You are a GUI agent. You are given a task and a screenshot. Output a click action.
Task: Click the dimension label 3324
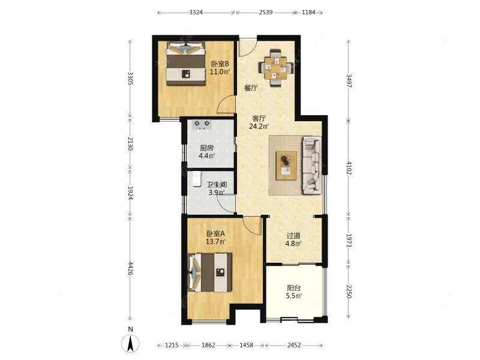(x=196, y=13)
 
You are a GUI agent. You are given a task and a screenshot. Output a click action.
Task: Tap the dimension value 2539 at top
(x=266, y=13)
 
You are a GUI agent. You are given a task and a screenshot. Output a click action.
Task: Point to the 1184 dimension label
(x=308, y=13)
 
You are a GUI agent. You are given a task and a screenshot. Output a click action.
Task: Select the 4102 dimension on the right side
(x=349, y=168)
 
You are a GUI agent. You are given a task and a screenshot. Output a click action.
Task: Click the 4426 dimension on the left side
(x=130, y=268)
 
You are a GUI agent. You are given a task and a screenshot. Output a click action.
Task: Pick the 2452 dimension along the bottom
(x=294, y=346)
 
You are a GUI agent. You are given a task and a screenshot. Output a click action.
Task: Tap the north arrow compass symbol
(x=130, y=343)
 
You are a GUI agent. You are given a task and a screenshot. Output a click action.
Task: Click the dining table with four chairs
(x=276, y=68)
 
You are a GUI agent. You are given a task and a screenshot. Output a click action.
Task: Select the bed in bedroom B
(x=185, y=64)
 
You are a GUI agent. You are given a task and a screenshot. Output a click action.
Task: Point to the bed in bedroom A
(x=210, y=272)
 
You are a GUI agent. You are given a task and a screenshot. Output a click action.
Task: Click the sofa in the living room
(x=312, y=165)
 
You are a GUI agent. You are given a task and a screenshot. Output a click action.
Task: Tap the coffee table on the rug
(x=287, y=165)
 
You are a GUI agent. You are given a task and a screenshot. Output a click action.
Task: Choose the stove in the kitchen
(x=202, y=124)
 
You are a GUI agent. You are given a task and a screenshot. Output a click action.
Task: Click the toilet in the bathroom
(x=197, y=179)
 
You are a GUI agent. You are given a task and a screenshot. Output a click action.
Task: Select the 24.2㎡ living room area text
(x=259, y=126)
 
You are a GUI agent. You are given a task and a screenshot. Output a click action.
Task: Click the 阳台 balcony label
(x=294, y=288)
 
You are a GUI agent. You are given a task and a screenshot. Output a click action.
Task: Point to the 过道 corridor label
(x=293, y=236)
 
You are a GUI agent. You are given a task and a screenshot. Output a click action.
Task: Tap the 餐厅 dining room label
(x=251, y=88)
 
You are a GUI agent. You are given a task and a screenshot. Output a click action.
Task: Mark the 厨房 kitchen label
(x=206, y=148)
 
